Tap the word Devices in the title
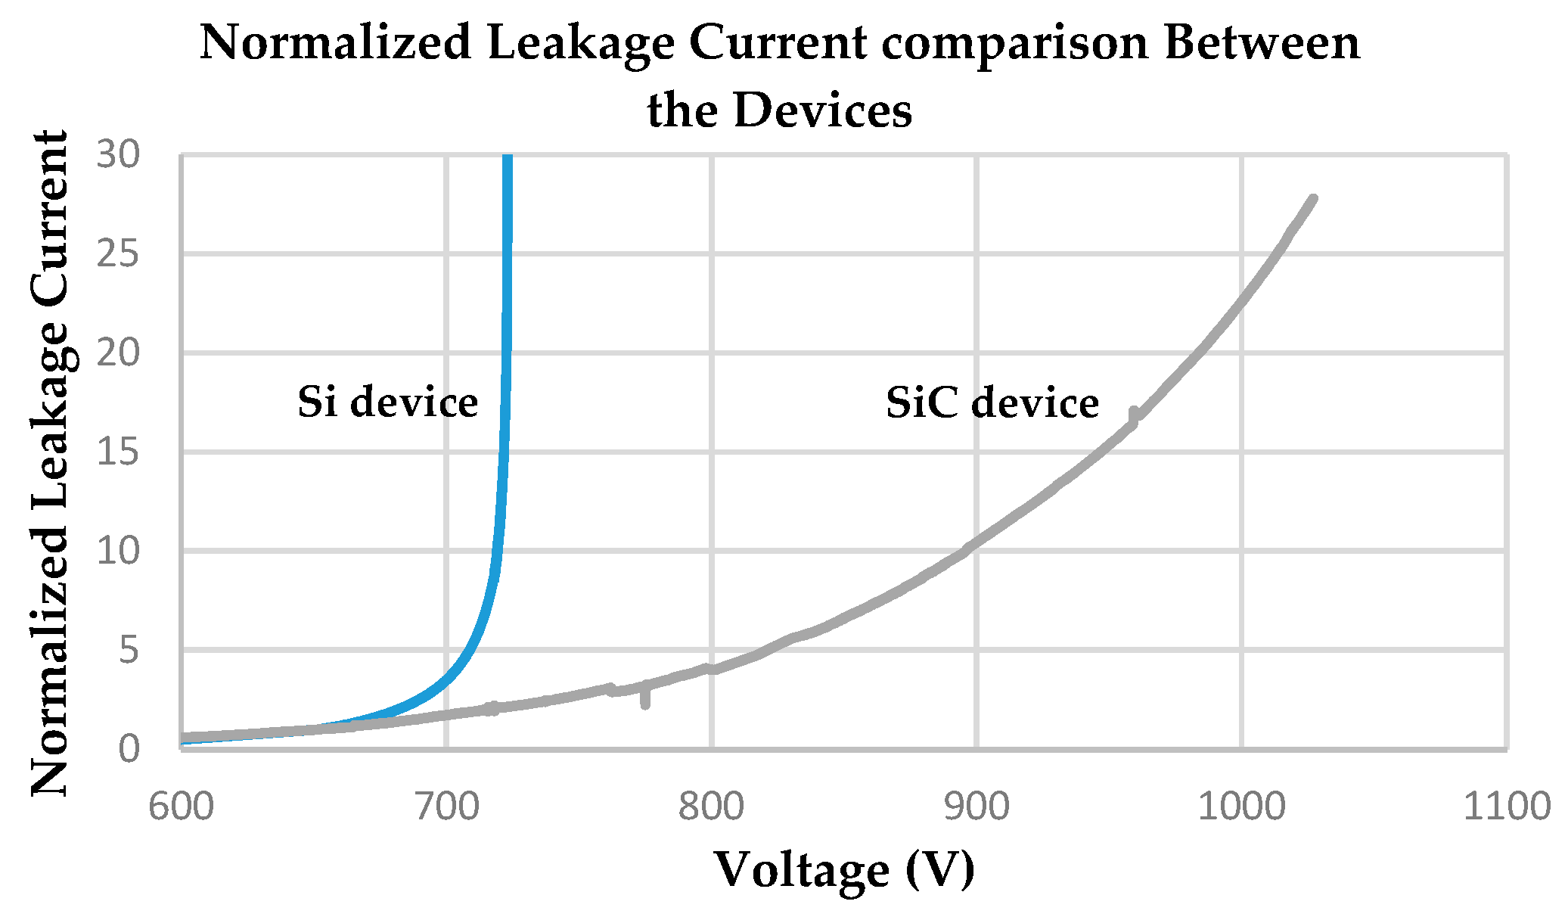point(822,111)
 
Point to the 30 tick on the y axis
point(119,155)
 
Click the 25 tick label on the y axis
point(119,254)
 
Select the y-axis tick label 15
point(119,452)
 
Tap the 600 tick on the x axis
point(181,807)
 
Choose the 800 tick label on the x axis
point(711,807)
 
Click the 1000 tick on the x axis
point(1241,807)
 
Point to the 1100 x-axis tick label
point(1506,807)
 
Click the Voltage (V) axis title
point(844,870)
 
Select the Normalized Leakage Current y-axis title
point(50,463)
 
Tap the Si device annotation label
point(387,402)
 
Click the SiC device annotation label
point(992,402)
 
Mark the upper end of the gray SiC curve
point(1312,200)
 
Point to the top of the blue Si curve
point(508,159)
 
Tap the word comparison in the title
point(1015,44)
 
